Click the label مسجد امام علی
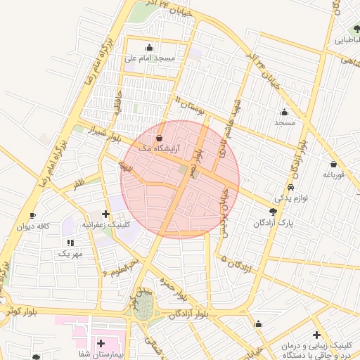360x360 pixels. pyautogui.click(x=150, y=58)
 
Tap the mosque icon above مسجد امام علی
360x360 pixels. pyautogui.click(x=149, y=48)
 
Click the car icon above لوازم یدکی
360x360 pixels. pyautogui.click(x=290, y=188)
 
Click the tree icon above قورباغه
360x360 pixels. pyautogui.click(x=333, y=165)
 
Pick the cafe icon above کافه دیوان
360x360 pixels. pyautogui.click(x=32, y=215)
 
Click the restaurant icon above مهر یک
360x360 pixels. pyautogui.click(x=70, y=242)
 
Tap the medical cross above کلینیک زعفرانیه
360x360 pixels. pyautogui.click(x=105, y=214)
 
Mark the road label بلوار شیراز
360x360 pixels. pyautogui.click(x=105, y=134)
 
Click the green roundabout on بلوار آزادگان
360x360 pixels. pyautogui.click(x=144, y=306)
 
